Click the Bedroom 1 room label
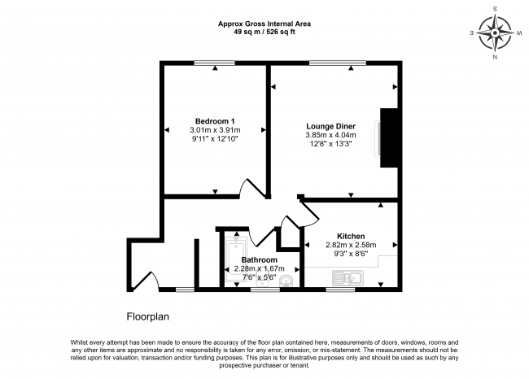pos(215,121)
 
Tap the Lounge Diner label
pos(330,126)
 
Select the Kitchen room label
pos(351,237)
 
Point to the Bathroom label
pos(259,260)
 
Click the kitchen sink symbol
pos(348,278)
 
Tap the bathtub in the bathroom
pos(236,260)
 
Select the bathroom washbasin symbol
pos(286,281)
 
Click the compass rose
pos(495,33)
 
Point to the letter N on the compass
pos(495,57)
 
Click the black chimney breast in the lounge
pos(389,138)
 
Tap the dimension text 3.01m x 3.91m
pos(215,130)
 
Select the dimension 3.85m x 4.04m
pos(330,135)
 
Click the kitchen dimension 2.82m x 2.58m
pos(351,245)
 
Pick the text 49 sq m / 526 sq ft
pos(264,32)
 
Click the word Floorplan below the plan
pos(148,316)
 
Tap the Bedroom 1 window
pos(215,63)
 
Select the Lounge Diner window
pos(338,63)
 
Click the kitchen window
pos(340,290)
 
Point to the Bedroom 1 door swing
pos(252,188)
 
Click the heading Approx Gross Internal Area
pos(264,24)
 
